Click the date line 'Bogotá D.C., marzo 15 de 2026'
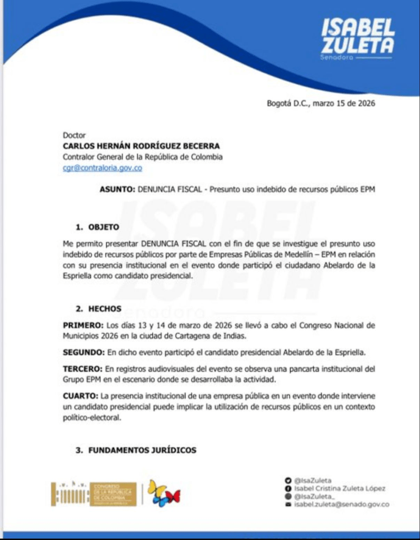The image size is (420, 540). pyautogui.click(x=321, y=103)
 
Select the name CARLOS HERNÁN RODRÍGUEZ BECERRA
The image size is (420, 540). pyautogui.click(x=141, y=146)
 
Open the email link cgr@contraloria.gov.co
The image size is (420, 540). pyautogui.click(x=102, y=168)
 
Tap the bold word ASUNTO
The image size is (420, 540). pyautogui.click(x=117, y=190)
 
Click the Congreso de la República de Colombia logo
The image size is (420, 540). pyautogui.click(x=94, y=494)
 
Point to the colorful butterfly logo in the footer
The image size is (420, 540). pyautogui.click(x=163, y=493)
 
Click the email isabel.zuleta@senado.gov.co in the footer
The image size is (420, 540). pyautogui.click(x=342, y=505)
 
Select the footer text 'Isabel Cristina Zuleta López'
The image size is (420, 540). pyautogui.click(x=340, y=488)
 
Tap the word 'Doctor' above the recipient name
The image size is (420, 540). pyautogui.click(x=74, y=135)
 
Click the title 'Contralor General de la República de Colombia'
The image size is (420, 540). pyautogui.click(x=143, y=157)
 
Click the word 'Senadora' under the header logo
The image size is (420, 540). pyautogui.click(x=336, y=56)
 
